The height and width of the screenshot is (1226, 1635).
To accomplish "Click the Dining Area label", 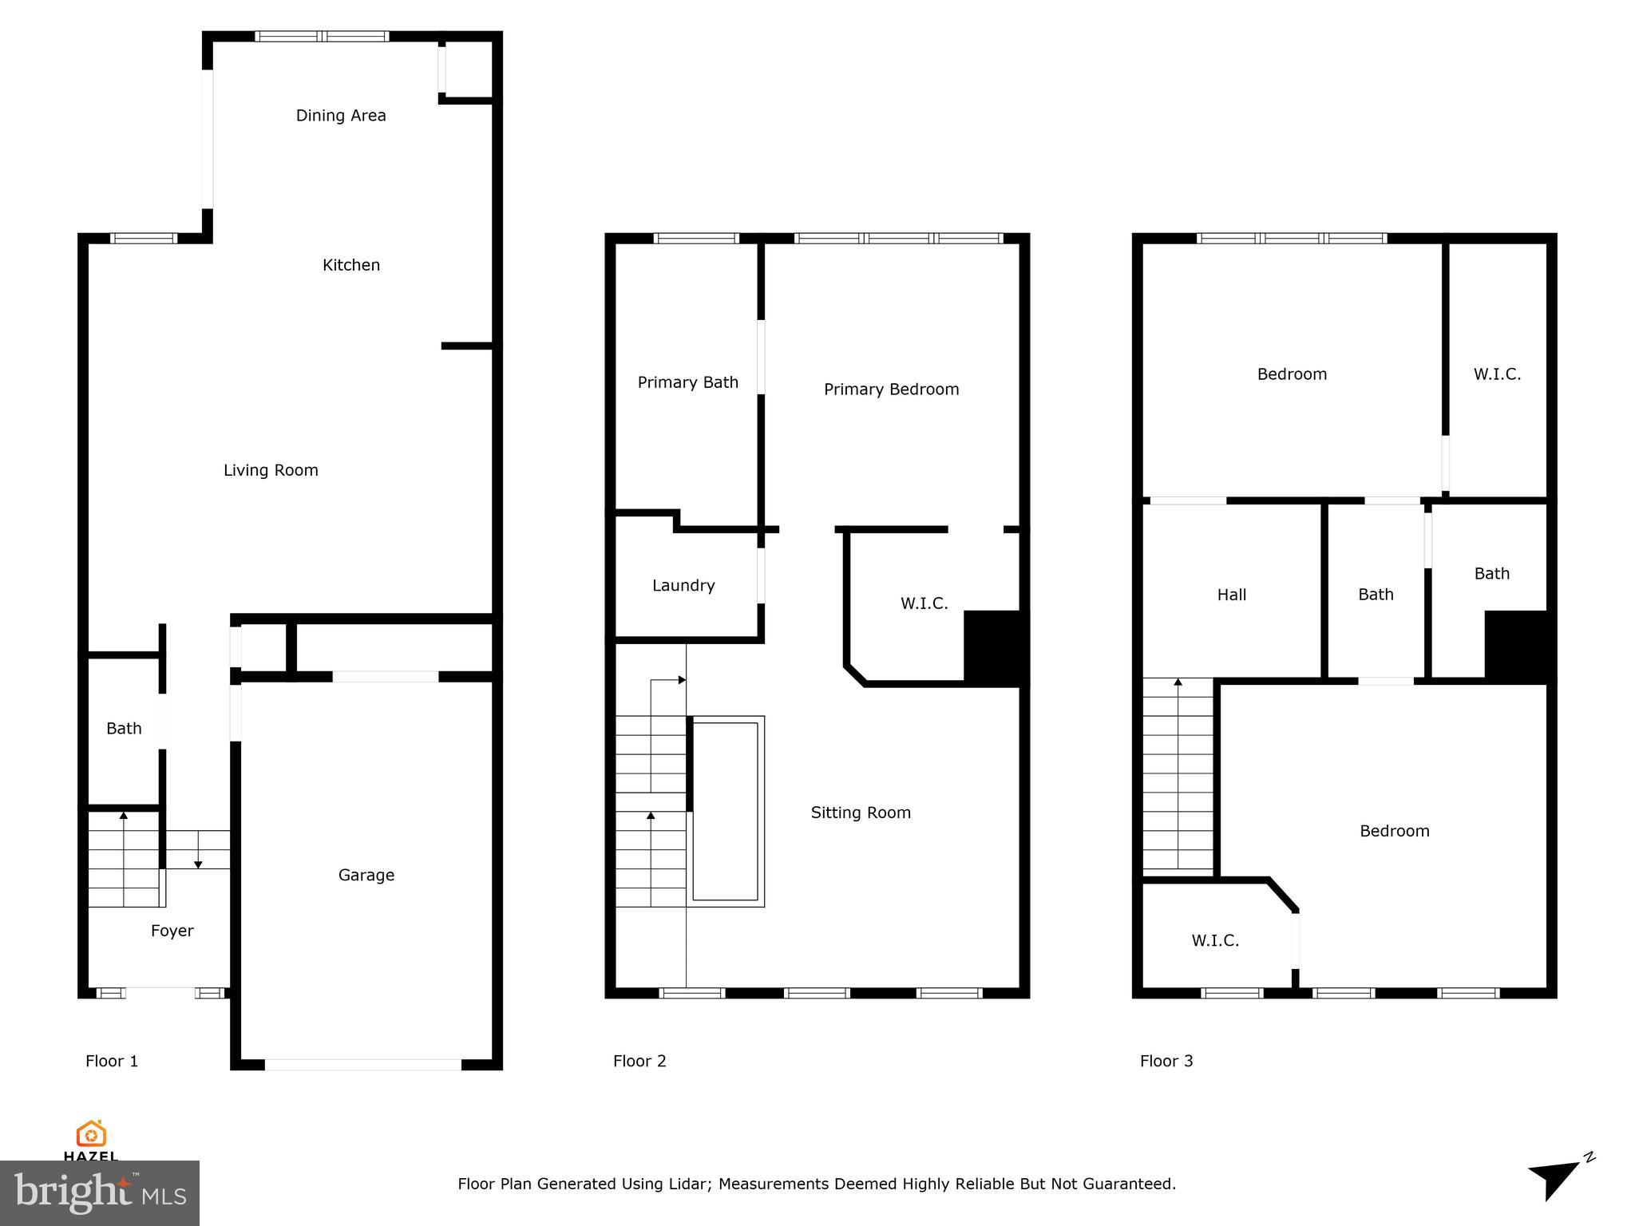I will (341, 116).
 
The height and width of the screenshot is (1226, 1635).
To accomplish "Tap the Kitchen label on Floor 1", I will (351, 265).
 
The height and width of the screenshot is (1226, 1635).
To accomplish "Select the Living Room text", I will (271, 470).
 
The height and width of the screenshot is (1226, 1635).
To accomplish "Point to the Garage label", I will (366, 875).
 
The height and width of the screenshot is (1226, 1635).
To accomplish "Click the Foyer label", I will (172, 931).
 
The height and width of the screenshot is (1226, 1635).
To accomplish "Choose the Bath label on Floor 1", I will (124, 728).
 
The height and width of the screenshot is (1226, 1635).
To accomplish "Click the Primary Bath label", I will (687, 382).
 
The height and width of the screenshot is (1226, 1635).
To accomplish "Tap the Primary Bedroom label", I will (891, 390).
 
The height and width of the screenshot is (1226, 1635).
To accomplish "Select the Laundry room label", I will (683, 585).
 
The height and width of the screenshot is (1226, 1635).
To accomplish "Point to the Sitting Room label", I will (861, 813).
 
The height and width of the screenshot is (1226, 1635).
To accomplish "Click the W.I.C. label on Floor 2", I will (924, 603).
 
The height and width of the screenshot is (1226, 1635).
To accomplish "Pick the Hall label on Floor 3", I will (1232, 595).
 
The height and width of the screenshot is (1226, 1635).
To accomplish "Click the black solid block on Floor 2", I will (994, 647).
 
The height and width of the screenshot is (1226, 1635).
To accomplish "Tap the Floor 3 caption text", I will (1166, 1061).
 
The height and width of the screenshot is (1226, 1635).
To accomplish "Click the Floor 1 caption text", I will (112, 1061).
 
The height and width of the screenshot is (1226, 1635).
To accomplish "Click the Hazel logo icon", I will (91, 1133).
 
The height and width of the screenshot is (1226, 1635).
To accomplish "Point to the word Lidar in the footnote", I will (687, 1184).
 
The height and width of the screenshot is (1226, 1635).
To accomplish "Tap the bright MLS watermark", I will (100, 1192).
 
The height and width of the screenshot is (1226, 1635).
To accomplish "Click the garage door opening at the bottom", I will (363, 1065).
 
